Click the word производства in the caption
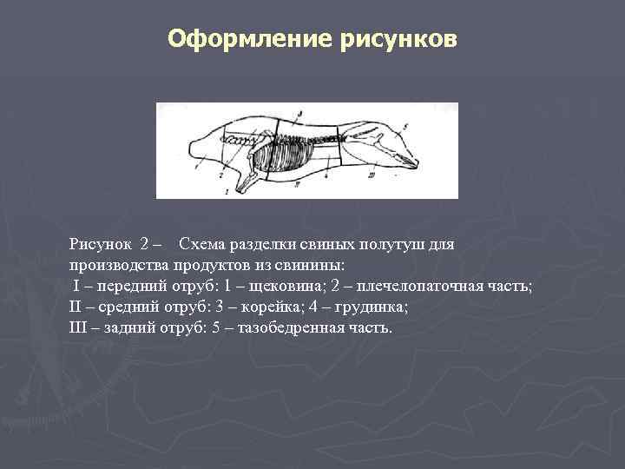119,266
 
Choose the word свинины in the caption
309,266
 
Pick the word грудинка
372,307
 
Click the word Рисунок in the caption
100,245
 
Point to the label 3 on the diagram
298,113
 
